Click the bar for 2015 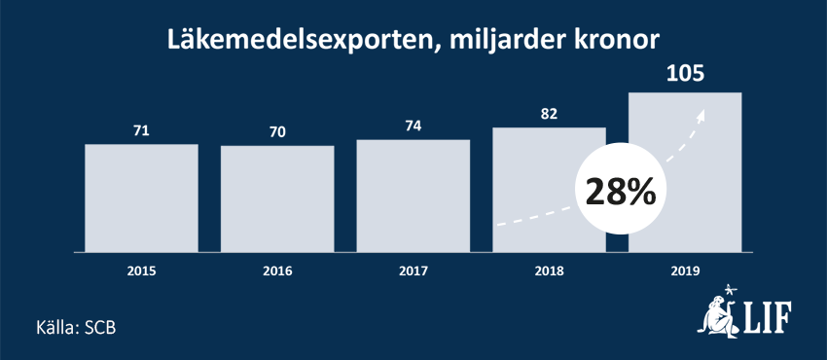click(x=141, y=198)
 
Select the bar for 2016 click(x=277, y=198)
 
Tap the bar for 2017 click(x=413, y=196)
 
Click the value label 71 click(x=141, y=129)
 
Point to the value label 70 click(x=277, y=131)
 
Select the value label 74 click(x=413, y=125)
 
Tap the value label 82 click(x=549, y=113)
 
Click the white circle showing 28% click(x=619, y=192)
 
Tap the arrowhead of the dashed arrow click(x=701, y=113)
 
